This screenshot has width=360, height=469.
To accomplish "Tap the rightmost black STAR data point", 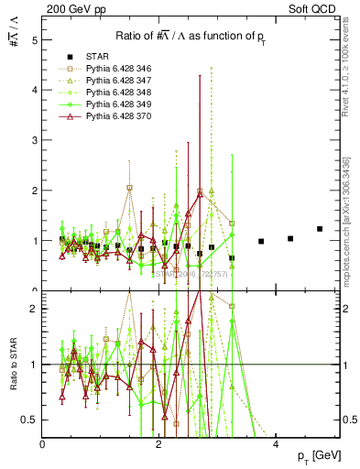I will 320,229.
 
